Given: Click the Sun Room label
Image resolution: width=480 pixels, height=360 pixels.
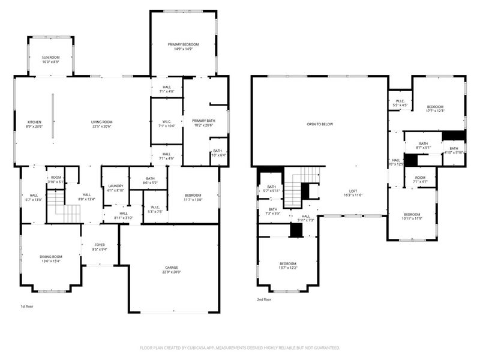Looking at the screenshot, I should (x=50, y=59).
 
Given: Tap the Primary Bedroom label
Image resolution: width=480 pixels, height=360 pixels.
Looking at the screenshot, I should (x=183, y=47).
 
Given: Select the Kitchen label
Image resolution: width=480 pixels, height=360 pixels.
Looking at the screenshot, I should (x=34, y=124).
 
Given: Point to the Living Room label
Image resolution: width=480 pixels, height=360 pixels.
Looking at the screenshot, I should (x=101, y=124).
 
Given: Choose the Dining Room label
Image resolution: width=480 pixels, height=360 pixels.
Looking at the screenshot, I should (x=50, y=259).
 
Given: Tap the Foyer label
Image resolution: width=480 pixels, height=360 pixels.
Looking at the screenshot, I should (x=100, y=246).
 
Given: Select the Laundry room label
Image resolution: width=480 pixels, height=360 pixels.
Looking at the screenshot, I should (x=115, y=188).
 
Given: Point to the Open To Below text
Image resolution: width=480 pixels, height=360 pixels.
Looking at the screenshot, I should (x=319, y=124).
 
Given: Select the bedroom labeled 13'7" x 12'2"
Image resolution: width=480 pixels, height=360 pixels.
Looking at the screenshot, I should (x=287, y=266).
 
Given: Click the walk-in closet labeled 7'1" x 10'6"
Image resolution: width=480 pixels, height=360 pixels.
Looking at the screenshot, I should (x=166, y=124).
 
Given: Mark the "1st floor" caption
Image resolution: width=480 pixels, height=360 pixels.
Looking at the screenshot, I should (x=27, y=307).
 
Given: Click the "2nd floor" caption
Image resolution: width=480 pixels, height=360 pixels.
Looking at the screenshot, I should (x=264, y=299).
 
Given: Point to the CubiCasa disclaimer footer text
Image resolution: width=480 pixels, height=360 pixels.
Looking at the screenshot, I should (x=240, y=347).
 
